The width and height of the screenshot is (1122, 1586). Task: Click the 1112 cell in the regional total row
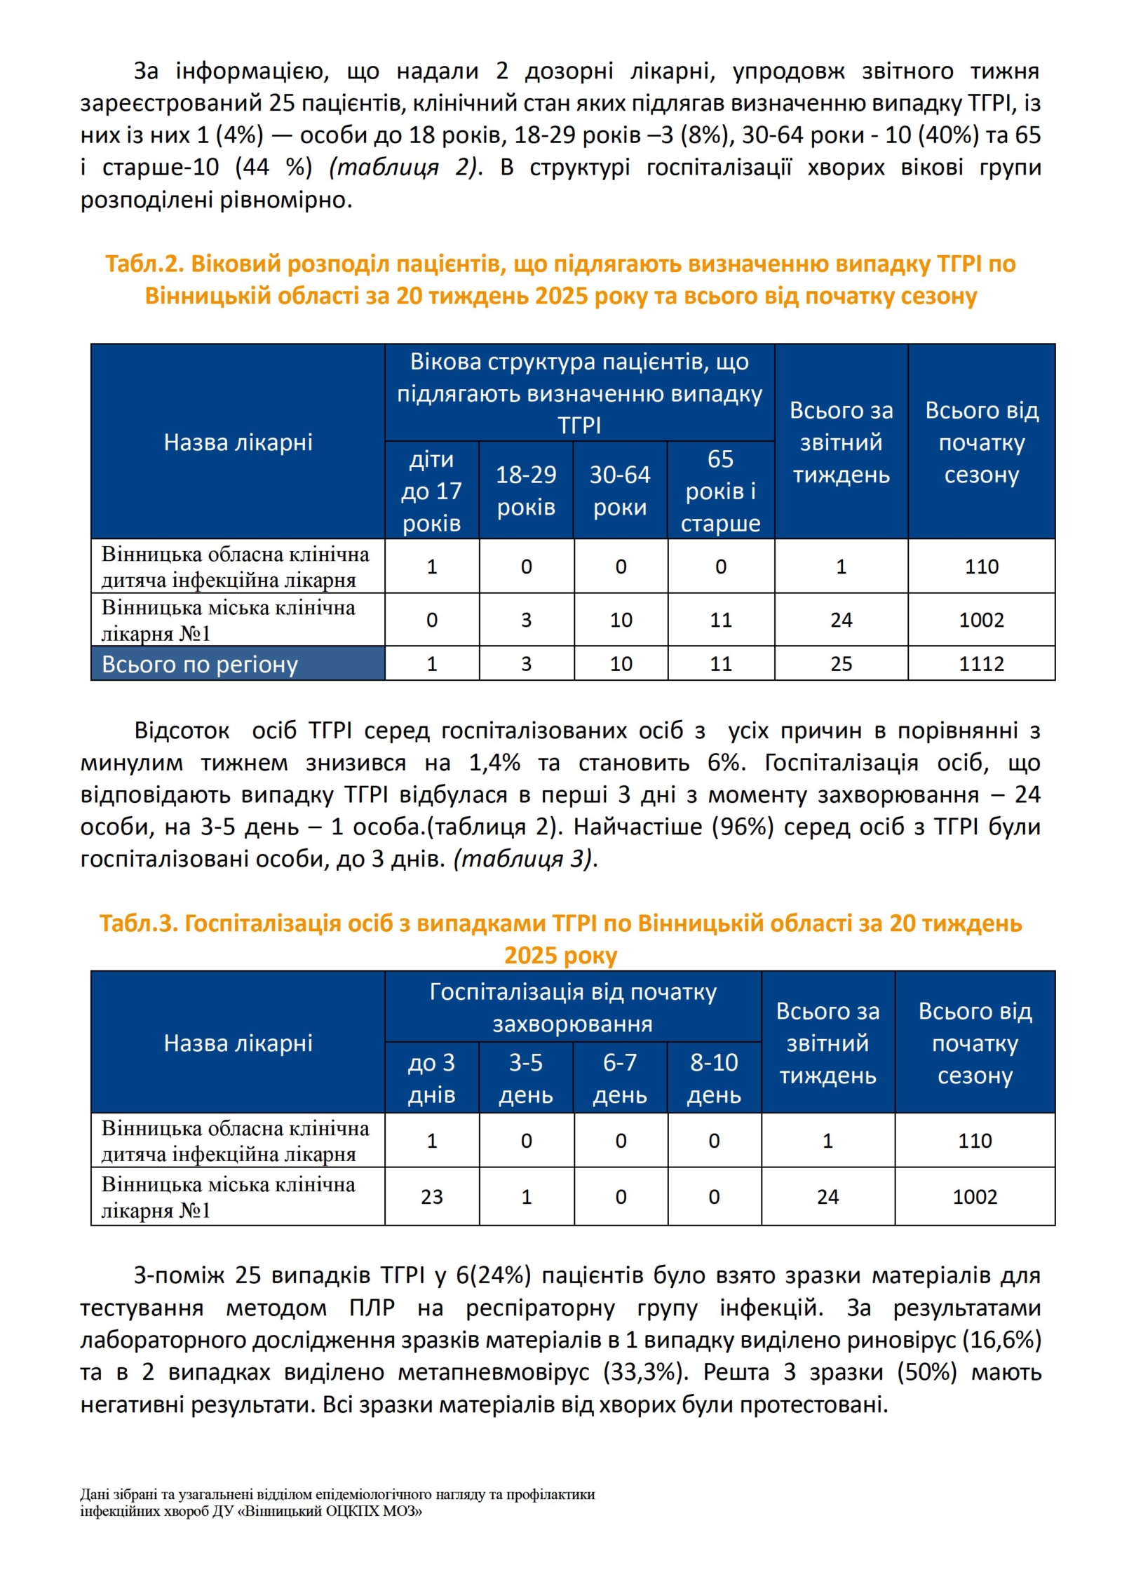tap(980, 663)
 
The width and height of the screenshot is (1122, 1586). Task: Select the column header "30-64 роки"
tap(620, 490)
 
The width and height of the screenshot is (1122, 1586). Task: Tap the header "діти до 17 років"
tap(431, 490)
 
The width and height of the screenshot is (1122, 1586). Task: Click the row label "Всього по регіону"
tap(200, 664)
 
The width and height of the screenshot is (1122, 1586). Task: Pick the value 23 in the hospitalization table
tap(431, 1196)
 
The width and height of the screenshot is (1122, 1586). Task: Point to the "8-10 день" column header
tap(714, 1078)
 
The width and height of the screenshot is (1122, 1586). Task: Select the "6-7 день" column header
tap(620, 1078)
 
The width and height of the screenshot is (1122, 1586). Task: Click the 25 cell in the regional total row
tap(841, 663)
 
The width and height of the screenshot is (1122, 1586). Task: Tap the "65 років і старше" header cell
tap(720, 490)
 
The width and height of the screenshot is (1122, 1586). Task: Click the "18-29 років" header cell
tap(526, 490)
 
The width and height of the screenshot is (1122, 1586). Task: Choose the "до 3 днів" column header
tap(431, 1078)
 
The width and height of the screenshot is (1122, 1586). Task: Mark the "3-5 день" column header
tap(526, 1078)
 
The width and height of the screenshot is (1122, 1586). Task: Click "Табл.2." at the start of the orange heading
tap(144, 264)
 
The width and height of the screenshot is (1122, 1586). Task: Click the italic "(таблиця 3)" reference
tap(523, 859)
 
